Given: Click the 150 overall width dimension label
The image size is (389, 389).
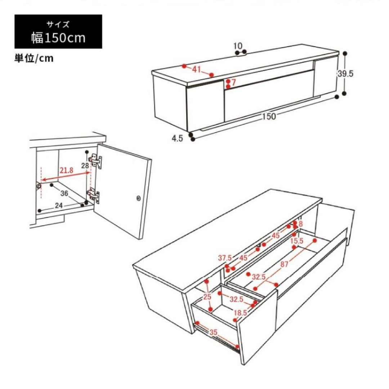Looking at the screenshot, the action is click(269, 116).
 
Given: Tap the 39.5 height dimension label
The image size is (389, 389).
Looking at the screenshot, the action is click(345, 73).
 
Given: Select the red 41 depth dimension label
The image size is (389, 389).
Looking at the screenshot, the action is click(197, 70).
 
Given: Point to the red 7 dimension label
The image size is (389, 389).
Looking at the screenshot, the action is click(233, 82).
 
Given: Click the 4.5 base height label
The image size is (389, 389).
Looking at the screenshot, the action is click(177, 138).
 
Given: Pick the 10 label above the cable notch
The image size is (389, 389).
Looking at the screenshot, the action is click(238, 46).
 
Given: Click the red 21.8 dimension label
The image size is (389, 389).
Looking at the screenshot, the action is click(66, 170).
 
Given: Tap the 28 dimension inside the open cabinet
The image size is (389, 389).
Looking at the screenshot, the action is click(85, 165).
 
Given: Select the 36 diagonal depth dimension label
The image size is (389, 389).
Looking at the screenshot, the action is click(64, 193).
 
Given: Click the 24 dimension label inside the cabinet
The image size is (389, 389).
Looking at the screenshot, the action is click(59, 206).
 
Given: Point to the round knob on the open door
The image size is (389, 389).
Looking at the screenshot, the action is click(138, 198).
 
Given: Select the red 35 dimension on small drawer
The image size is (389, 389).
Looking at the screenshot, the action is click(213, 332).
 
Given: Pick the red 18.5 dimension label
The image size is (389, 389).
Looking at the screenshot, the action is click(240, 313).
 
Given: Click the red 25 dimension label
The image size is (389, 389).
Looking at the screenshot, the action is click(208, 296).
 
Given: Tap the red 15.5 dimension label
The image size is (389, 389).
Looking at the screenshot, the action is click(297, 241).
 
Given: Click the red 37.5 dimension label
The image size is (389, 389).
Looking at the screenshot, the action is click(225, 258).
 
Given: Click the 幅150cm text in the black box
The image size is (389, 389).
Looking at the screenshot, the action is click(58, 38).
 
